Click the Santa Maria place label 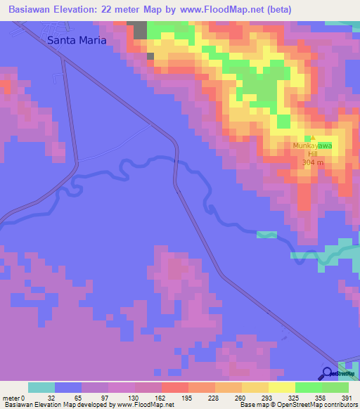(x=77, y=40)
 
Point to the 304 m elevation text (x=312, y=162)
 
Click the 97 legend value (x=96, y=398)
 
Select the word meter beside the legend (x=11, y=398)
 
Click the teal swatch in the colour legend (x=41, y=388)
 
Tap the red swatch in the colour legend (x=174, y=388)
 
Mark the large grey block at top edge (x=141, y=30)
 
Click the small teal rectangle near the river (x=266, y=234)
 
